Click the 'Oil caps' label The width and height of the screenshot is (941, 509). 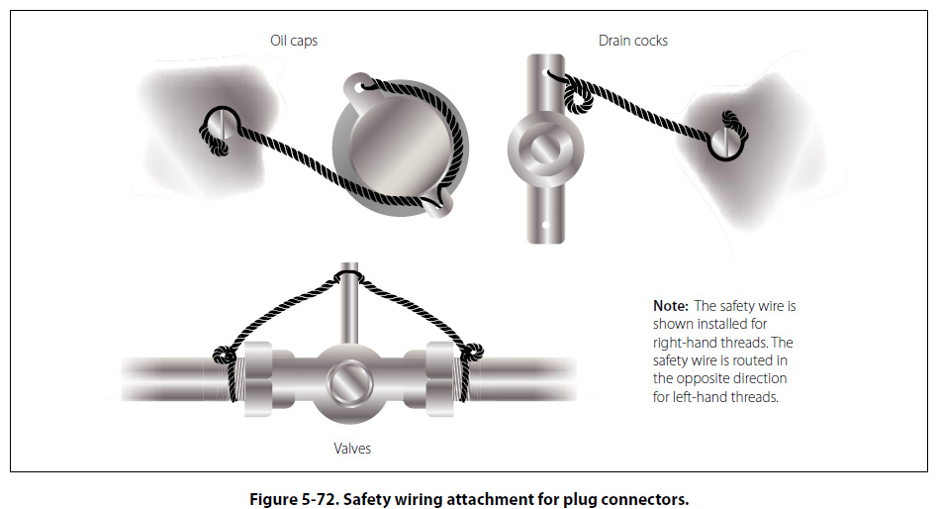294,41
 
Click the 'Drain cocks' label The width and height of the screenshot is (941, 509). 632,41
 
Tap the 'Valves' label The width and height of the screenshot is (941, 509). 351,449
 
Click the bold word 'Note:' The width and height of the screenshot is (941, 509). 671,306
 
